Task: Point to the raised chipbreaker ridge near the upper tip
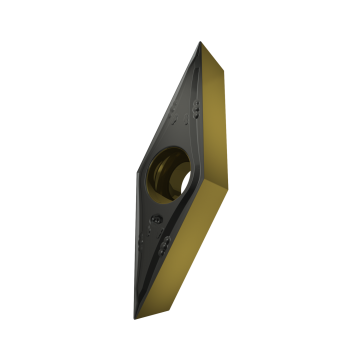(200, 65)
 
